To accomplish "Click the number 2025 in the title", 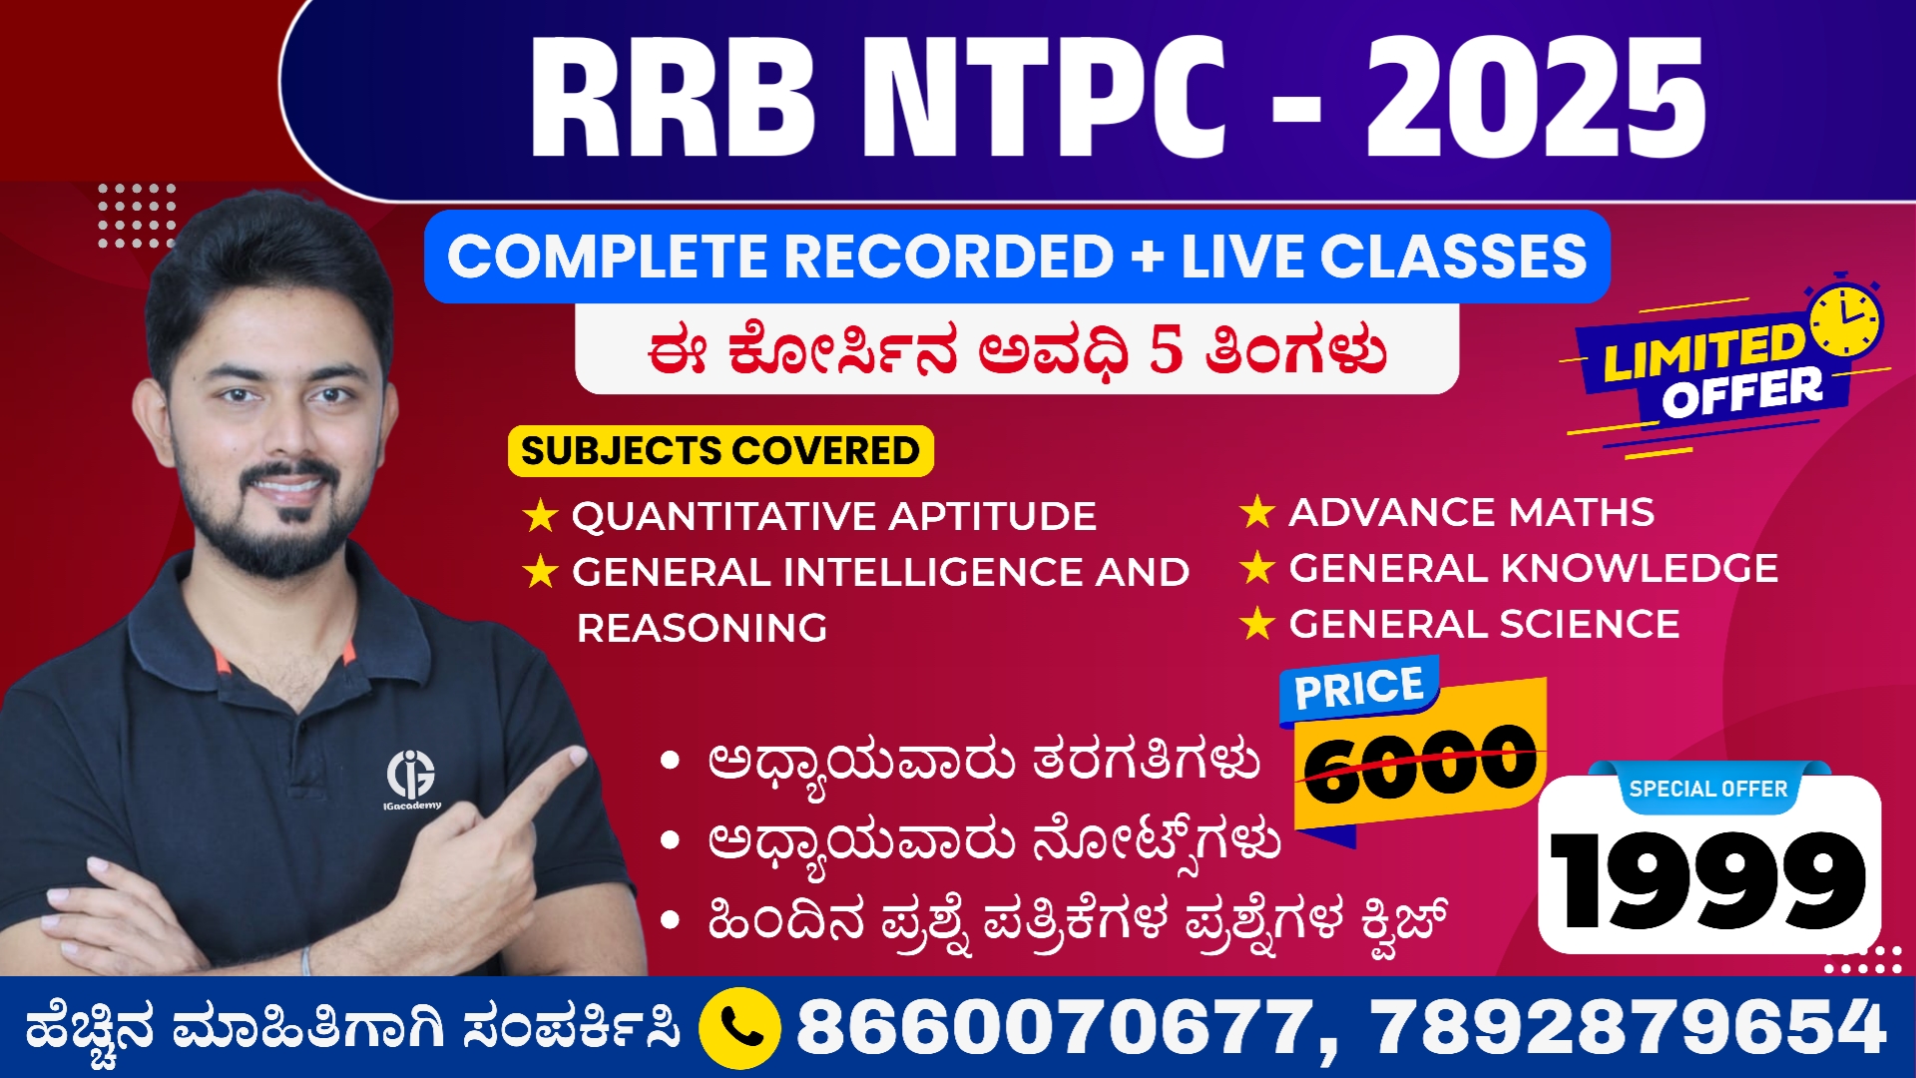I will (x=1535, y=98).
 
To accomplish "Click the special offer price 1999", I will (x=1707, y=880).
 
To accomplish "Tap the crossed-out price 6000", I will (x=1420, y=764).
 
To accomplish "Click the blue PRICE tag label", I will (x=1358, y=689).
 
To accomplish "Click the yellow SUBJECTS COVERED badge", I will (x=720, y=451).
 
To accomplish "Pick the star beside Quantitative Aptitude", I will (x=540, y=516).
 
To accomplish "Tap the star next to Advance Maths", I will (x=1257, y=512).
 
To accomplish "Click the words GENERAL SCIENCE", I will (x=1484, y=624).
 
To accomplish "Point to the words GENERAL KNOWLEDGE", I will (x=1533, y=568).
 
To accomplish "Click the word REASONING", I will (x=702, y=628).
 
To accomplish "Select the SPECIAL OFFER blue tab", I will (x=1707, y=789).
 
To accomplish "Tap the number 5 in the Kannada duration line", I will (x=1166, y=350).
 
